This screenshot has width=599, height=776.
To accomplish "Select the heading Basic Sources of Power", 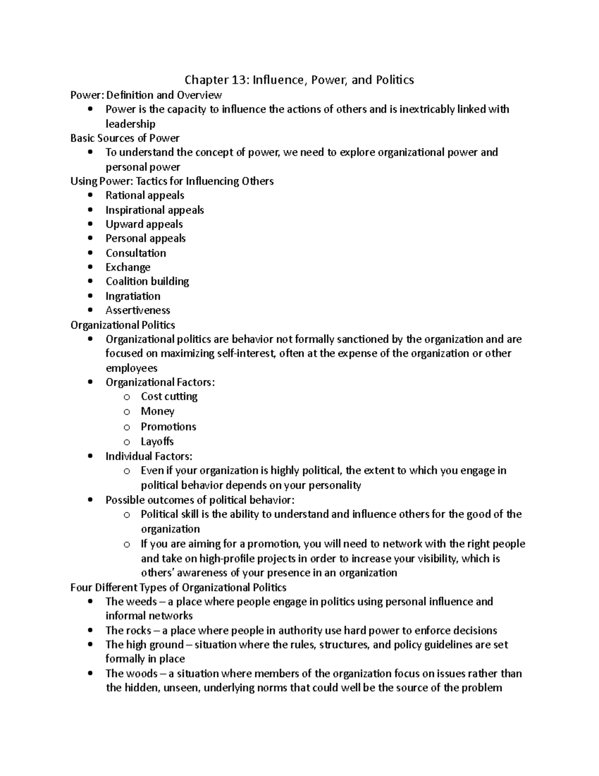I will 125,138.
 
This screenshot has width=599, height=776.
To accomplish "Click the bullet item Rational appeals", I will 145,195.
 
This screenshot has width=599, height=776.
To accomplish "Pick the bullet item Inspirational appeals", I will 155,210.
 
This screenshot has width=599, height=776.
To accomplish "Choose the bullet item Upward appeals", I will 144,224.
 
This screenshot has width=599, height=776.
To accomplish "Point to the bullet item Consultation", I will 136,253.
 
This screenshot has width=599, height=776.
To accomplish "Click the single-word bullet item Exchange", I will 128,267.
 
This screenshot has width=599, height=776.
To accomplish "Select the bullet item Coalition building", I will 147,281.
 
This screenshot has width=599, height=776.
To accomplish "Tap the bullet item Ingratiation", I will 133,296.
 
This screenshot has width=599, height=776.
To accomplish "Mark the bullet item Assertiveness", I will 138,310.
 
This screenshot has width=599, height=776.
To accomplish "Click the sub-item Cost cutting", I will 169,397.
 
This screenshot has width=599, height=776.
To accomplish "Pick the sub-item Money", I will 158,411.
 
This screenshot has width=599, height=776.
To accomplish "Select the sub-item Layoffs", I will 157,442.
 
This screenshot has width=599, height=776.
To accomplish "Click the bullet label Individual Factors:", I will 149,456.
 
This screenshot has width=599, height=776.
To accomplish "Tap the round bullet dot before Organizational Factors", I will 90,382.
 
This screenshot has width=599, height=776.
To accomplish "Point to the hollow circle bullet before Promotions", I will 127,427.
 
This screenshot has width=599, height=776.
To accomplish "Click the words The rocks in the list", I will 128,631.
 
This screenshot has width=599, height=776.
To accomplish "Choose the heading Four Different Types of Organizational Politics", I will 178,588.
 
